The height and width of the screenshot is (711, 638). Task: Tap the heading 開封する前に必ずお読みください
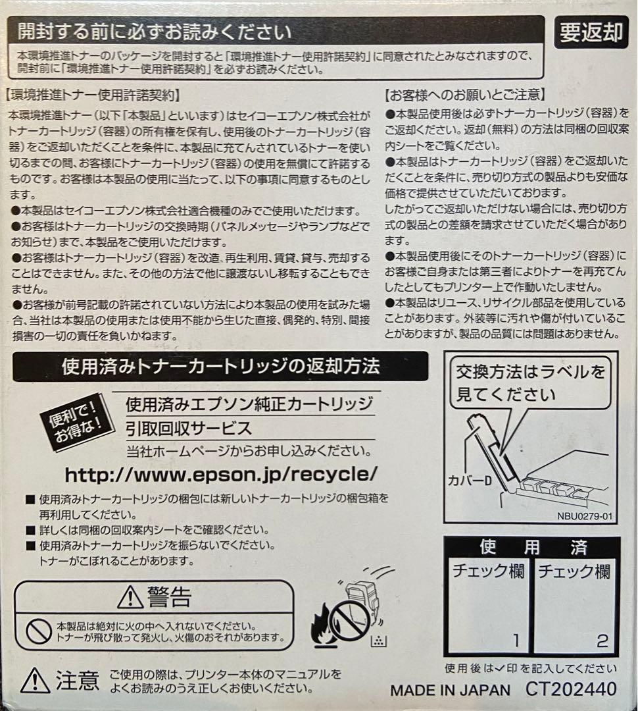click(155, 31)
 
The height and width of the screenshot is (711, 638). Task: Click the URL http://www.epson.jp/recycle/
click(222, 473)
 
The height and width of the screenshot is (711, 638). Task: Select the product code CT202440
click(571, 689)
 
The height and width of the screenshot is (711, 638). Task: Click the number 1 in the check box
click(516, 639)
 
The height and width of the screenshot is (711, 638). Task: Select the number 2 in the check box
click(602, 639)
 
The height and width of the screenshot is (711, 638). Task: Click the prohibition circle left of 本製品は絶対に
click(39, 631)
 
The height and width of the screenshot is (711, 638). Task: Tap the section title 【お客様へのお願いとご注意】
click(465, 95)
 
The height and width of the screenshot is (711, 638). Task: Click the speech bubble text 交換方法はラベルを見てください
click(530, 383)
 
